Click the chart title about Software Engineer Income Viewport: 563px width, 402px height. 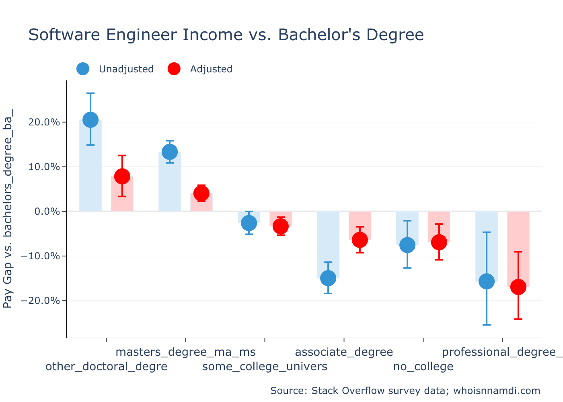(226, 35)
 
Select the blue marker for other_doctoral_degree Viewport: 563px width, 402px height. (90, 120)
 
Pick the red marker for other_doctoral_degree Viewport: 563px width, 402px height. (122, 176)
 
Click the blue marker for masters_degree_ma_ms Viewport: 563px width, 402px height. (170, 152)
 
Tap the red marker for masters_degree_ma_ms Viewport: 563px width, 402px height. (201, 193)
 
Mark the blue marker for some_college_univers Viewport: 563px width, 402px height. (249, 223)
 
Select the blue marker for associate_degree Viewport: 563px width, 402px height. (328, 278)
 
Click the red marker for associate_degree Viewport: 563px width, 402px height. (360, 240)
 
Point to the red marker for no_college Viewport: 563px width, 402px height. (439, 242)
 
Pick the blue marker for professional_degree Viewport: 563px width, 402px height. (487, 281)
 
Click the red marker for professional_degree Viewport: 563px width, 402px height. (518, 287)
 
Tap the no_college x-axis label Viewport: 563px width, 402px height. (423, 367)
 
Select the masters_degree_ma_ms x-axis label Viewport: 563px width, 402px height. (185, 352)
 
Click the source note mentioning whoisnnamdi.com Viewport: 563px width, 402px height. (405, 391)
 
